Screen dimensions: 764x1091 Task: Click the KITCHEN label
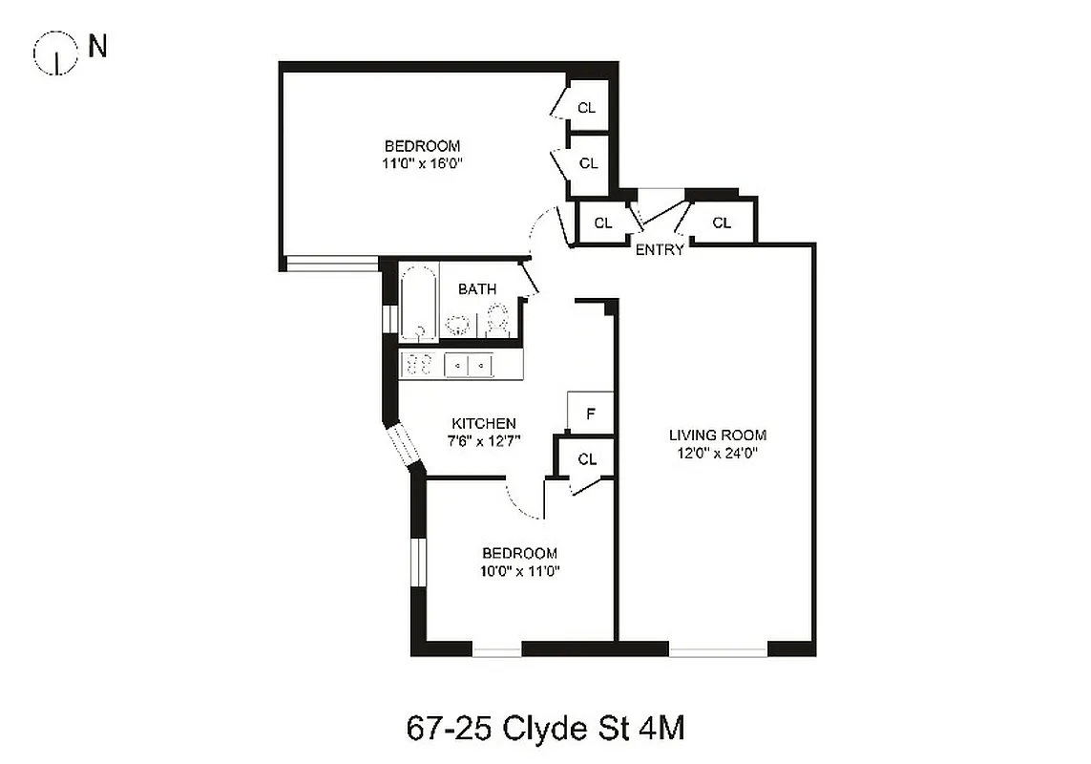pyautogui.click(x=484, y=423)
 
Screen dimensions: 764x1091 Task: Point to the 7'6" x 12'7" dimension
pyautogui.click(x=484, y=440)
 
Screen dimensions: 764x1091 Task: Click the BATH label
pyautogui.click(x=476, y=288)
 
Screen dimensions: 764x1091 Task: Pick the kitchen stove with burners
pyautogui.click(x=418, y=364)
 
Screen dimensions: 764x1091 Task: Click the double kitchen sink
pyautogui.click(x=470, y=364)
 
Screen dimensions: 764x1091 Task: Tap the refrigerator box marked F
pyautogui.click(x=590, y=414)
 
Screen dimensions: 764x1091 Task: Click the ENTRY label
pyautogui.click(x=660, y=250)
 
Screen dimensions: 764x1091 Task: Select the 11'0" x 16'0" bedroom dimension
pyautogui.click(x=422, y=163)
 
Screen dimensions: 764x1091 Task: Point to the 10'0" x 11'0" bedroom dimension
pyautogui.click(x=519, y=571)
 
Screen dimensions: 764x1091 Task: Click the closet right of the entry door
pyautogui.click(x=722, y=223)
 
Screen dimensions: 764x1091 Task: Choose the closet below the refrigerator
pyautogui.click(x=587, y=459)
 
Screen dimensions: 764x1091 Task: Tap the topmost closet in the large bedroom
pyautogui.click(x=587, y=108)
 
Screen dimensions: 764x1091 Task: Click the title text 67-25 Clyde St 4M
pyautogui.click(x=545, y=729)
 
